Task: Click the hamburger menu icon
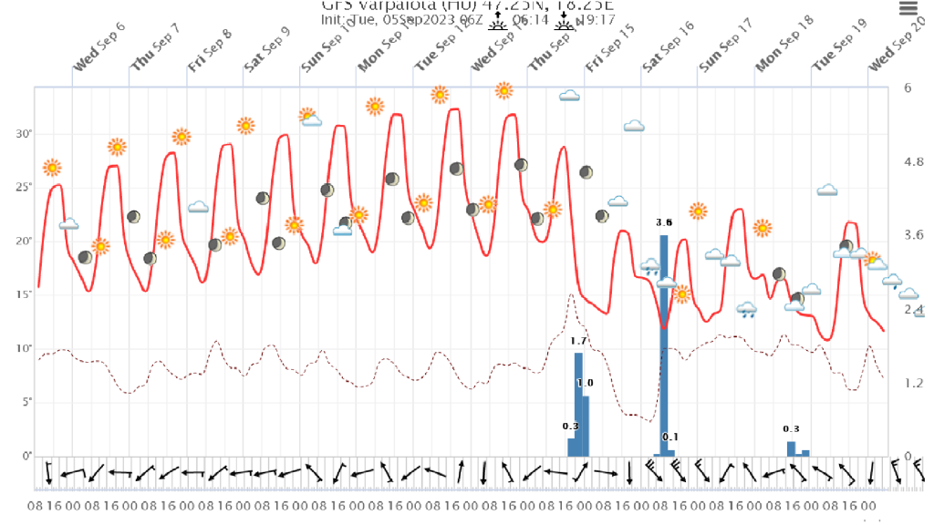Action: pyautogui.click(x=908, y=8)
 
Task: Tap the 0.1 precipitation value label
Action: pyautogui.click(x=670, y=437)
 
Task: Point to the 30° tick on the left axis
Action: pyautogui.click(x=24, y=134)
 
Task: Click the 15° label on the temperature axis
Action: pyautogui.click(x=24, y=294)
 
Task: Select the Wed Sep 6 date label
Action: pyautogui.click(x=99, y=57)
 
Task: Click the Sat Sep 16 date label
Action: pyautogui.click(x=669, y=57)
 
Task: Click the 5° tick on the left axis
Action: pyautogui.click(x=26, y=402)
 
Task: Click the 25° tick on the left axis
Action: pyautogui.click(x=24, y=187)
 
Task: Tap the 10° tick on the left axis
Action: pyautogui.click(x=24, y=348)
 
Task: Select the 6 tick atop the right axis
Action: pyautogui.click(x=908, y=88)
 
